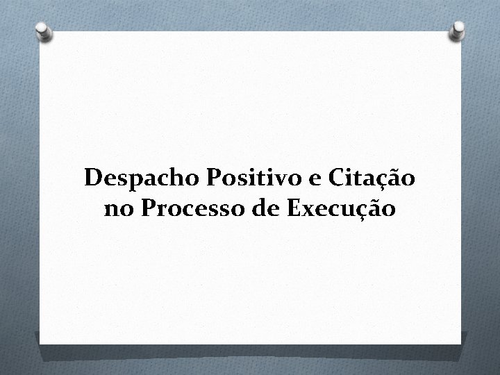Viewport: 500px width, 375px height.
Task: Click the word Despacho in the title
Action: tap(142, 179)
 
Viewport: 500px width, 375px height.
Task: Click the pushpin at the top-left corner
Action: tap(43, 31)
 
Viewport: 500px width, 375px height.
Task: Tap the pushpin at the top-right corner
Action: tap(458, 30)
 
